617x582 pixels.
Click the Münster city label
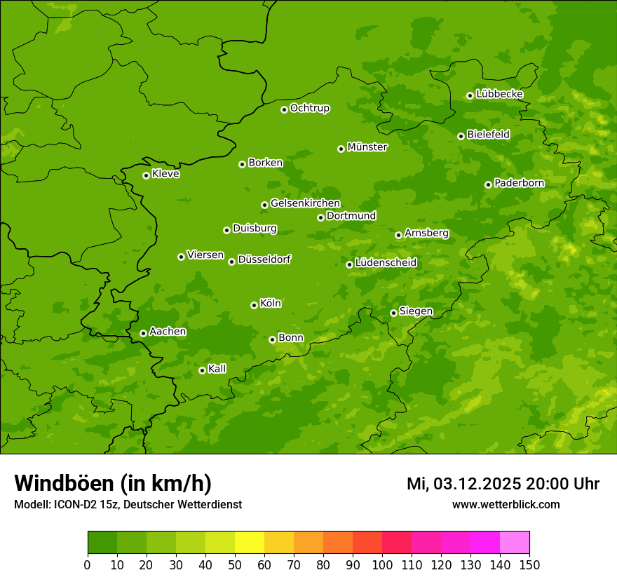[x=367, y=147]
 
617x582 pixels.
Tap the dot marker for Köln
[x=254, y=305]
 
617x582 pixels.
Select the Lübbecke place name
[x=499, y=94]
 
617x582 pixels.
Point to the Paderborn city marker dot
[x=488, y=184]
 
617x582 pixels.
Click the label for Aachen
[x=168, y=332]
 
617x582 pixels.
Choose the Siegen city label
[x=416, y=311]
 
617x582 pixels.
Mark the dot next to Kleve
[x=146, y=175]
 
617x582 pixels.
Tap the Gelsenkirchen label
[x=305, y=203]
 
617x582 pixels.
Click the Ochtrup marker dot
[x=284, y=109]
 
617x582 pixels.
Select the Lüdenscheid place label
[x=386, y=263]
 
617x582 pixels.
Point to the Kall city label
[x=217, y=369]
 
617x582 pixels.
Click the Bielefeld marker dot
[x=461, y=136]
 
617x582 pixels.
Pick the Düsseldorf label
[x=264, y=259]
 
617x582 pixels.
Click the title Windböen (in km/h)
[x=113, y=483]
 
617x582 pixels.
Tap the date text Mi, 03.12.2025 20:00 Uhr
[x=503, y=484]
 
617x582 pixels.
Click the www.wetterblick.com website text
[x=506, y=504]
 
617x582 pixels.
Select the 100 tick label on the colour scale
[x=382, y=564]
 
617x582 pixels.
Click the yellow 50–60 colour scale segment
[x=250, y=543]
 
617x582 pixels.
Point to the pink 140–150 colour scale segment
[x=515, y=543]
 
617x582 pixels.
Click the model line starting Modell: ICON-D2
[x=128, y=505]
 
